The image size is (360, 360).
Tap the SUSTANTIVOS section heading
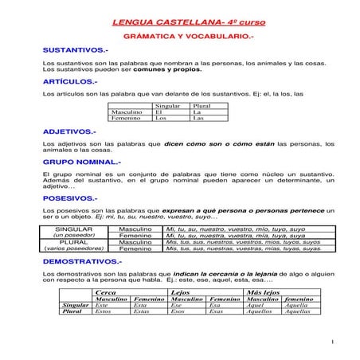(75, 50)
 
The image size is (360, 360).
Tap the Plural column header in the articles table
(202, 106)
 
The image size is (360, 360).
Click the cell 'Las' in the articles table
(198, 119)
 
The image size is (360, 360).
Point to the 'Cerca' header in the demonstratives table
(106, 293)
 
